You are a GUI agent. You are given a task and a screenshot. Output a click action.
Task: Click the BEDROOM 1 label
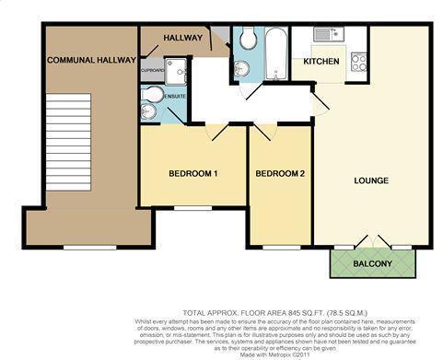[x=192, y=174]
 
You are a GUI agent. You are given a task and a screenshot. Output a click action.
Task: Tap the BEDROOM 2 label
[x=280, y=174]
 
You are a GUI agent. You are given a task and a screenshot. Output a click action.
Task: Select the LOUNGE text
[x=370, y=180]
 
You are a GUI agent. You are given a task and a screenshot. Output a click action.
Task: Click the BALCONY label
[x=373, y=265]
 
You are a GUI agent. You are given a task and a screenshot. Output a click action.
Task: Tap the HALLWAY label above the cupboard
[x=182, y=38]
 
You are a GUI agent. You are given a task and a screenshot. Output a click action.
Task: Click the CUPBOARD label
[x=153, y=70]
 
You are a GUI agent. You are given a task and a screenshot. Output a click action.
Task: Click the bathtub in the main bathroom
[x=274, y=53]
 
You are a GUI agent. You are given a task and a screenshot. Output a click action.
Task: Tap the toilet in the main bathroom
[x=247, y=39]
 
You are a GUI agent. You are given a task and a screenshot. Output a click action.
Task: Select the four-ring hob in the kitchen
[x=358, y=63]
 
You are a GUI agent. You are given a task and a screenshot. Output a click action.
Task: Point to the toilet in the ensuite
[x=152, y=95]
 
